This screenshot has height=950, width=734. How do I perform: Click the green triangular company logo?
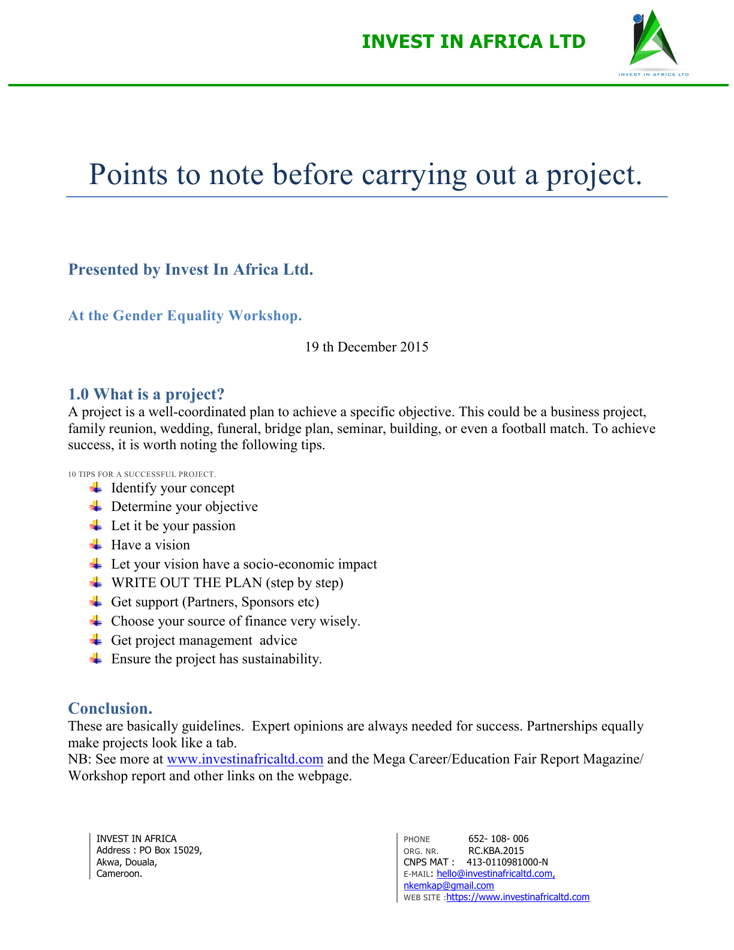(653, 40)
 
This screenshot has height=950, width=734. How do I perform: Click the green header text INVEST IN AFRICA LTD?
(474, 42)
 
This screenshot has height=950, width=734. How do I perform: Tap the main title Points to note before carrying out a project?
(366, 175)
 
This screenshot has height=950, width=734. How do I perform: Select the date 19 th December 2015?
(366, 347)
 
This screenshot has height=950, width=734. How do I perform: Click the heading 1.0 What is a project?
(146, 394)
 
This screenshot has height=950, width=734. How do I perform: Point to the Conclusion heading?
(110, 708)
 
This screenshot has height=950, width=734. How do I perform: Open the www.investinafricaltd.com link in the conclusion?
(245, 759)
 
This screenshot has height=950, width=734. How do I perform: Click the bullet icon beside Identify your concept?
(96, 488)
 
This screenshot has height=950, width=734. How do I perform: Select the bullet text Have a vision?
(151, 545)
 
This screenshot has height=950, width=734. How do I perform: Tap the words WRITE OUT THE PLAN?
(186, 583)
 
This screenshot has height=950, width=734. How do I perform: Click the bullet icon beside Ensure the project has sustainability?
(96, 659)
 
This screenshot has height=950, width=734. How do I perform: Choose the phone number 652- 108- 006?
(498, 839)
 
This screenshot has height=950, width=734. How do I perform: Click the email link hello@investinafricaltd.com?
(495, 874)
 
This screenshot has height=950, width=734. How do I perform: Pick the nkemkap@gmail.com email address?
(449, 886)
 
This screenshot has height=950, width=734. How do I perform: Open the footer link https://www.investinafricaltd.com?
(518, 897)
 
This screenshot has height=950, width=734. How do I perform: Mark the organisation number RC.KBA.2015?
(496, 851)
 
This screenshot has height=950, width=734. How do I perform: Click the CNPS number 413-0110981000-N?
(507, 862)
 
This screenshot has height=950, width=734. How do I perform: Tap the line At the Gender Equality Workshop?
(185, 316)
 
